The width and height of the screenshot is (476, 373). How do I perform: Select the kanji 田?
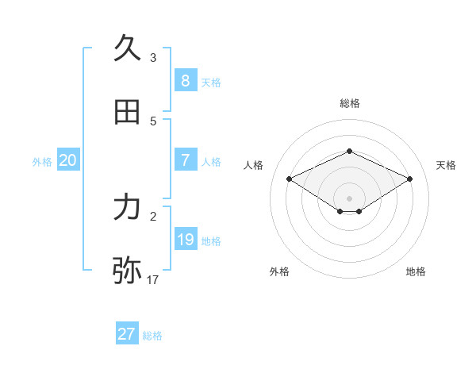128,113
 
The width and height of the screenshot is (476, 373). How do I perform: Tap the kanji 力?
128,207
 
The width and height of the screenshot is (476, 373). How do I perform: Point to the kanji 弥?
128,271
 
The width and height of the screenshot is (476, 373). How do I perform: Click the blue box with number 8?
185,80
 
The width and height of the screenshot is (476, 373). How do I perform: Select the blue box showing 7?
185,160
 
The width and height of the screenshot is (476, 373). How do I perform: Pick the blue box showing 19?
185,240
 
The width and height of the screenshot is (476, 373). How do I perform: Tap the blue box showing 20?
68,160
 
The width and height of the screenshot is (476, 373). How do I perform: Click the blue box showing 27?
127,334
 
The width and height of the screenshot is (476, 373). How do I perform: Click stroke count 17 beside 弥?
153,280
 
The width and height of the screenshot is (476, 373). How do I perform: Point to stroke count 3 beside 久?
153,58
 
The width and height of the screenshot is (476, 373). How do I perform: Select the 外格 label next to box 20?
42,162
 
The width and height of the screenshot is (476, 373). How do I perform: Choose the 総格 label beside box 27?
152,336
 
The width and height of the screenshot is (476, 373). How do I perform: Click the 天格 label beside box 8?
211,82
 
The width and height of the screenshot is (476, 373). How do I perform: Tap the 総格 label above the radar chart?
349,103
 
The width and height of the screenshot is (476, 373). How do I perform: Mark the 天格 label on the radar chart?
447,165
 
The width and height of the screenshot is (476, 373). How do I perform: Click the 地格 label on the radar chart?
416,271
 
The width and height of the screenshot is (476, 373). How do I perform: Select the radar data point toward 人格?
290,179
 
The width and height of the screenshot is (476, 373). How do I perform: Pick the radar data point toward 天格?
410,179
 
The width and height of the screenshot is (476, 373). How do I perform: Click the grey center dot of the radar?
349,198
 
